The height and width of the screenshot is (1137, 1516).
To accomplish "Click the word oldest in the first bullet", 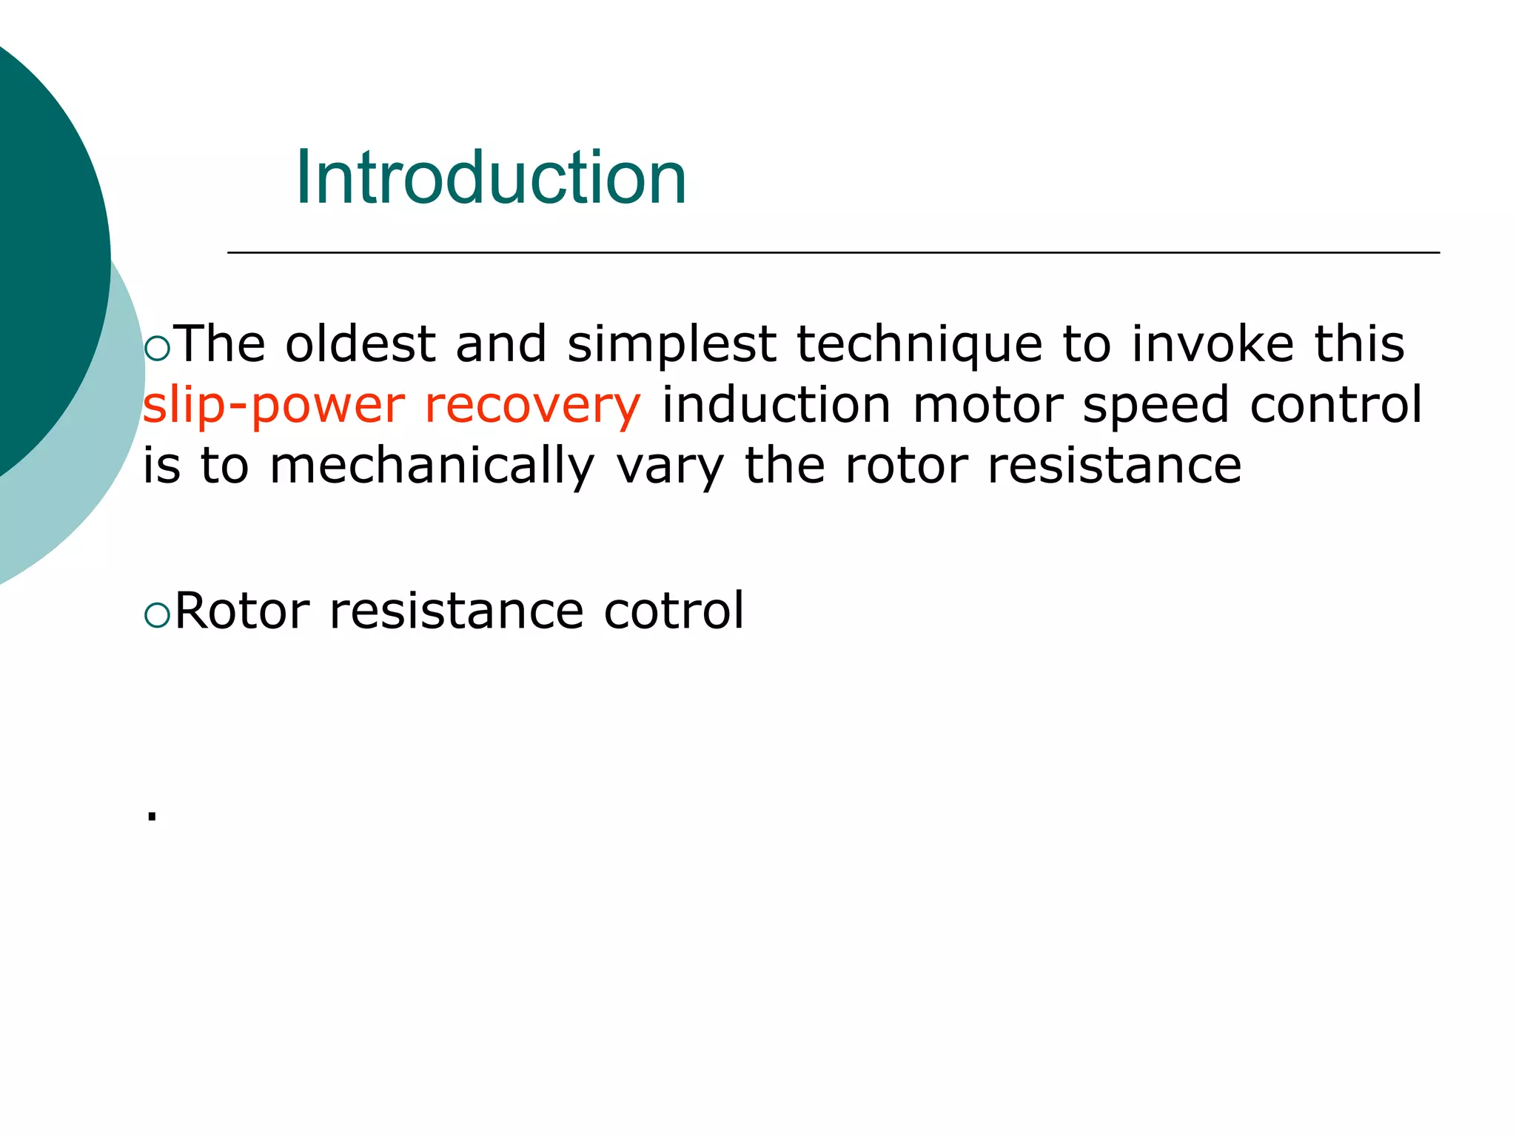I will click(360, 344).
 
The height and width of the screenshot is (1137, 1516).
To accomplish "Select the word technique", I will click(919, 344).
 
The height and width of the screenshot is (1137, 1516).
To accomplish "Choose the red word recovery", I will click(532, 406).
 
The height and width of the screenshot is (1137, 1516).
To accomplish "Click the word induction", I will click(777, 406).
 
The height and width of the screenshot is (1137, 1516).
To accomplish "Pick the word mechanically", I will click(432, 466).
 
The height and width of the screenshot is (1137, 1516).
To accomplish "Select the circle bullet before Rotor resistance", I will click(158, 615).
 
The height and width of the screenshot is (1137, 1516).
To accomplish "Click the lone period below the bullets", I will click(152, 816).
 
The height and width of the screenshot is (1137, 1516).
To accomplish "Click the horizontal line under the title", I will click(833, 253).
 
